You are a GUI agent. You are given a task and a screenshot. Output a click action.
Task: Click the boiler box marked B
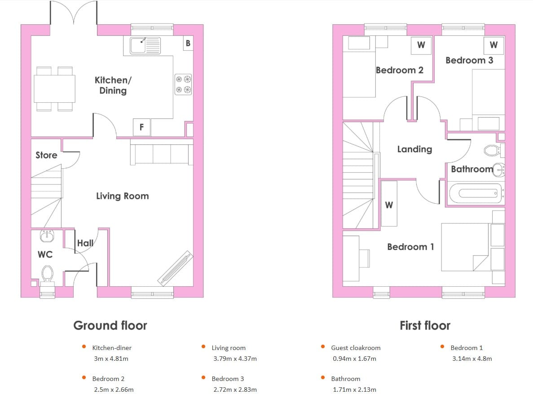(x=188, y=43)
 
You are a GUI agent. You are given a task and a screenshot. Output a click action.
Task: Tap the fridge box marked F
(x=141, y=127)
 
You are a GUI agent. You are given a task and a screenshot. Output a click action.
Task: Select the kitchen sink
(x=145, y=45)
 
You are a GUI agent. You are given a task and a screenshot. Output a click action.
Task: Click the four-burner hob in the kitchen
(x=183, y=84)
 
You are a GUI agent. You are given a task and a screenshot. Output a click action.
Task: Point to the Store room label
(x=46, y=155)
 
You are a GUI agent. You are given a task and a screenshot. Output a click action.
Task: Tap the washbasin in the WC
(x=47, y=236)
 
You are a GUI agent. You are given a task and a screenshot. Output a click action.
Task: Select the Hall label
(x=85, y=243)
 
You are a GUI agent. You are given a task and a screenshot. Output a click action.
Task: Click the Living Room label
(x=123, y=196)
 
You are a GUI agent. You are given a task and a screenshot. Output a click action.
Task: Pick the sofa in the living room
(x=162, y=154)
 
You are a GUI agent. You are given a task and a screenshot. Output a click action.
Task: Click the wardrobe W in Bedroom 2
(x=421, y=45)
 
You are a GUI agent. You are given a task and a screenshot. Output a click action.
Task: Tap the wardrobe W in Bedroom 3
(x=494, y=45)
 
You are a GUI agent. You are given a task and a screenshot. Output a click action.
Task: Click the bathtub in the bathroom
(x=476, y=193)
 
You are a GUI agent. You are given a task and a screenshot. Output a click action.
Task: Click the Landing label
(x=415, y=149)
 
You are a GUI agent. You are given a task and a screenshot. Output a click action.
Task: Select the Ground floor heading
(x=110, y=325)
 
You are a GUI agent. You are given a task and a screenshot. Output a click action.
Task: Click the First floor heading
(x=425, y=325)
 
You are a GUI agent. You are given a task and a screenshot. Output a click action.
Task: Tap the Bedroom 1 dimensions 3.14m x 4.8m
(x=472, y=359)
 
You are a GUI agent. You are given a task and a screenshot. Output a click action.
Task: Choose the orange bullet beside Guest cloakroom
(x=323, y=347)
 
